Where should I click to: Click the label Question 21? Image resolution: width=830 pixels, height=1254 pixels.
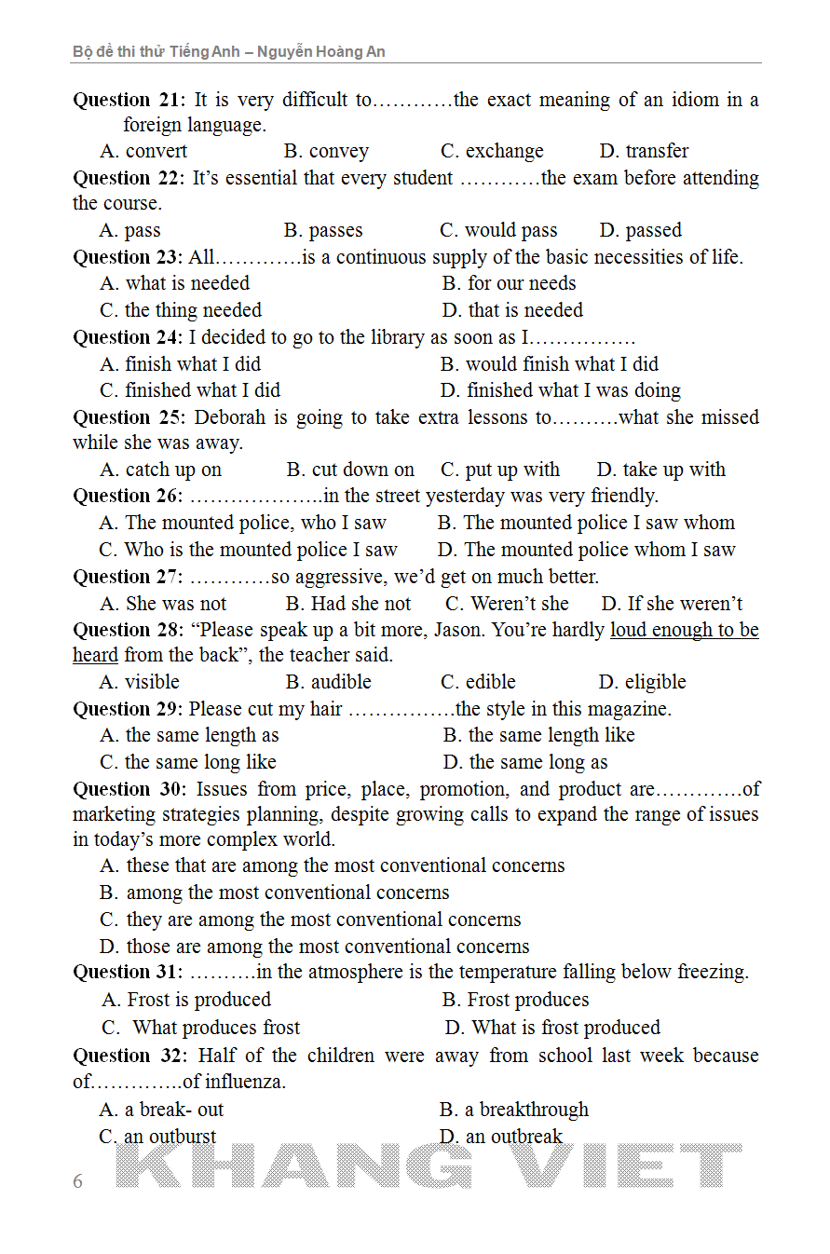point(129,100)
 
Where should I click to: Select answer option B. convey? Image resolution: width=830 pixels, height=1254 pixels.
point(326,151)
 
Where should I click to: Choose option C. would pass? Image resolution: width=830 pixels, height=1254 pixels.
point(498,230)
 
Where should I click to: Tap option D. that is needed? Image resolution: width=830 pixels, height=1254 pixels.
point(512,310)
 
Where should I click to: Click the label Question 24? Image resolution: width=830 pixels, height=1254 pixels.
point(129,337)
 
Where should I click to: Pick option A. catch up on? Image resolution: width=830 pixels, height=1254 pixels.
point(160,470)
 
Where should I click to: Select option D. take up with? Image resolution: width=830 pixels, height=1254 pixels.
point(660,470)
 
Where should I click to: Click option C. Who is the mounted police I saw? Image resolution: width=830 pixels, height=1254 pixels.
point(248,550)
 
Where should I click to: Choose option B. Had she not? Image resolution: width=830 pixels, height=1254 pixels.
point(347,604)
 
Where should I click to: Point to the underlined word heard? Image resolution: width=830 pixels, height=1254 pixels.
point(95,655)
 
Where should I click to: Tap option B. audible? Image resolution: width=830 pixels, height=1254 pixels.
point(328,682)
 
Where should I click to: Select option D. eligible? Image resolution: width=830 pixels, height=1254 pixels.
point(642,682)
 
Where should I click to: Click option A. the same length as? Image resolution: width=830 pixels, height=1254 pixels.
point(189,735)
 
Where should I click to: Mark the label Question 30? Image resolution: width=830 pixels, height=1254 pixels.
point(129,789)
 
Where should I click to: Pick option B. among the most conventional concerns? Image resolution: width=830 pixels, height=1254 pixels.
point(274,893)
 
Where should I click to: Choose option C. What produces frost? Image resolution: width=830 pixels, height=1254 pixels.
point(200,1028)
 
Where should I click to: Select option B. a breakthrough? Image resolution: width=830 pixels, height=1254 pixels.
point(513,1110)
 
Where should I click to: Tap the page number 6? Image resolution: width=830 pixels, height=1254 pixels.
point(77,1181)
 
